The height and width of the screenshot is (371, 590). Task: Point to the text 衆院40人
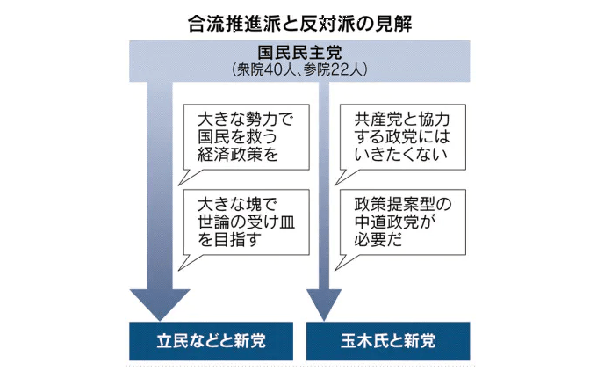click(x=264, y=69)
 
